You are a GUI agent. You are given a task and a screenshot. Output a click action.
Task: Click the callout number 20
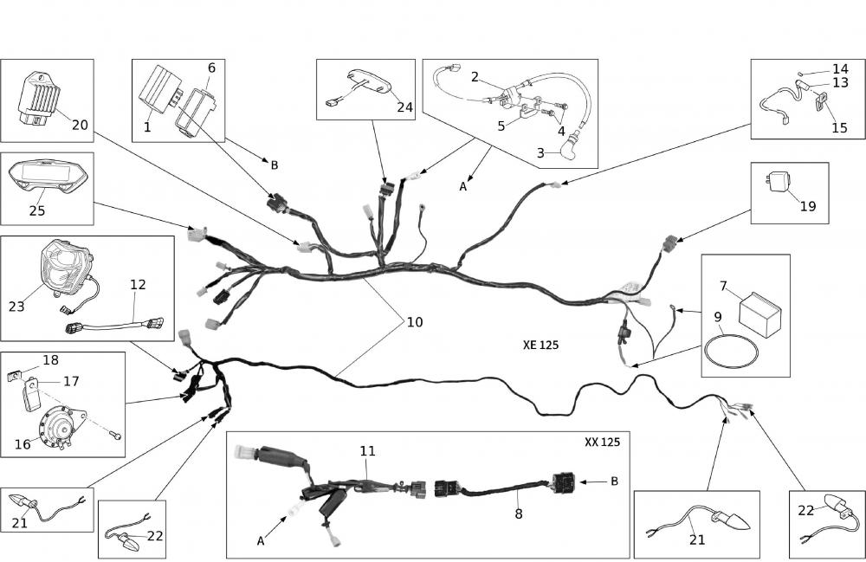(x=80, y=125)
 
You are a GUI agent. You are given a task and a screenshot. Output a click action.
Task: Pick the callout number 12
(x=139, y=283)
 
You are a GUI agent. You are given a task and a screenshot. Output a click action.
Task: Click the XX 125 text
(x=602, y=442)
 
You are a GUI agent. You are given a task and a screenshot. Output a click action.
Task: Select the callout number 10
(x=415, y=322)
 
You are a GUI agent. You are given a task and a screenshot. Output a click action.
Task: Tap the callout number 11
(x=368, y=451)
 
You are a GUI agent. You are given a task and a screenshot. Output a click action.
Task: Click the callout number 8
(x=519, y=513)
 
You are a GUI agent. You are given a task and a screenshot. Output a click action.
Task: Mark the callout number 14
(x=840, y=68)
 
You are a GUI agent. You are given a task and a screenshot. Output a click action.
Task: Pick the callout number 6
(x=211, y=68)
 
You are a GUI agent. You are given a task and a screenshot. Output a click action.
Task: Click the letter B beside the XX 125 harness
(x=614, y=481)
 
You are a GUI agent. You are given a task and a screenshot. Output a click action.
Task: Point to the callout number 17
(x=71, y=380)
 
